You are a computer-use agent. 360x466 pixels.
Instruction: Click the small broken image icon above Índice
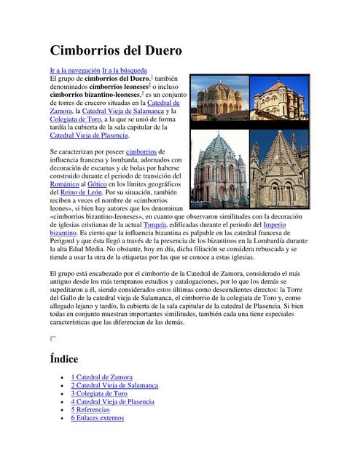pyautogui.click(x=52, y=339)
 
